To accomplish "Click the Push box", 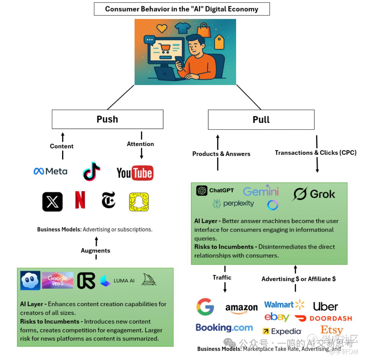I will (x=107, y=119).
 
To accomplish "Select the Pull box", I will (x=261, y=120).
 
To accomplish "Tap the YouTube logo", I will (x=135, y=173).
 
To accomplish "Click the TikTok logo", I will (x=92, y=171).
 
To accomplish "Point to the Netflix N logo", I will (x=80, y=200).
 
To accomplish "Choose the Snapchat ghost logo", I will (x=139, y=202).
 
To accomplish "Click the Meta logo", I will (x=50, y=171).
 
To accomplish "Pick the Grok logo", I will (x=314, y=194).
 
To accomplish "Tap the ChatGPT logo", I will (x=215, y=191).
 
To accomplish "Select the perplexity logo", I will (x=233, y=204).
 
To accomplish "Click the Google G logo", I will (x=205, y=307).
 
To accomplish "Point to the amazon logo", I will (x=241, y=308).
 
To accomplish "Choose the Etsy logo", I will (x=332, y=330).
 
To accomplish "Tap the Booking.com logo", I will (x=224, y=327).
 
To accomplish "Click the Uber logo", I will (x=325, y=307).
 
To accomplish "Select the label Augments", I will (x=96, y=250).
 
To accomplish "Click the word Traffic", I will (x=222, y=277).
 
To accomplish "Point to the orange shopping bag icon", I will (x=204, y=30).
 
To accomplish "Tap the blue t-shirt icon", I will (x=182, y=28).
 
